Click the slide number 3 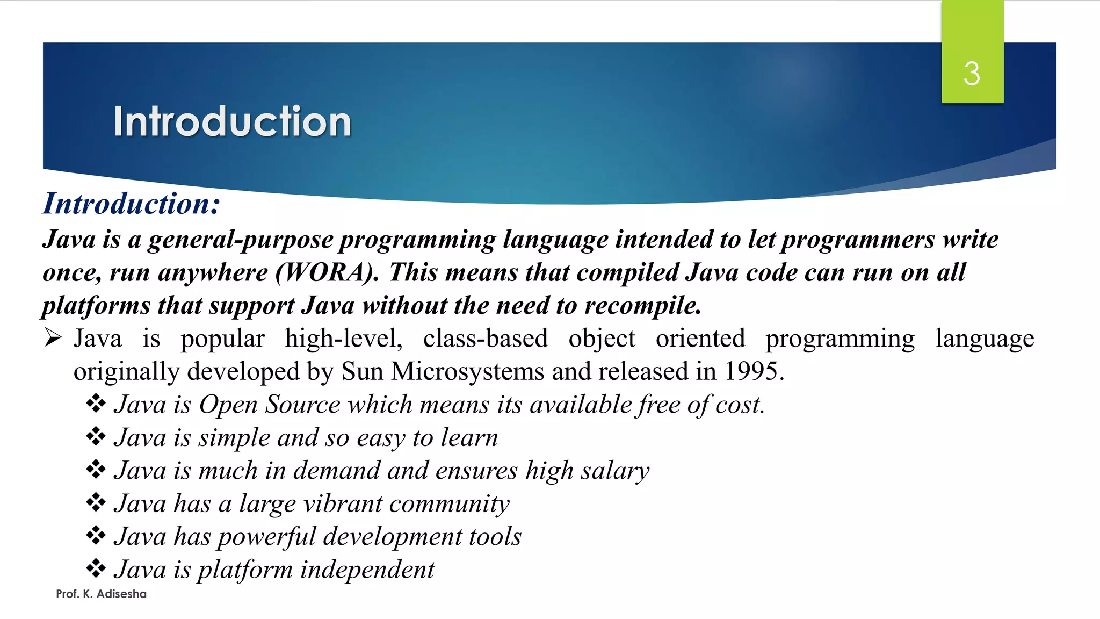click(972, 74)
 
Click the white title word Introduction click(232, 121)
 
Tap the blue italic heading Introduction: click(131, 204)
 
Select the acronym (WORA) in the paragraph click(327, 272)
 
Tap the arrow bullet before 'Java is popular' click(53, 338)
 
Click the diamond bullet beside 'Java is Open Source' click(96, 404)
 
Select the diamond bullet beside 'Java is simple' click(96, 436)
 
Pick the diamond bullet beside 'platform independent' click(96, 568)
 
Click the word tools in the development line click(495, 537)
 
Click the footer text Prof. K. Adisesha click(101, 594)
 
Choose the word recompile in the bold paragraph click(642, 306)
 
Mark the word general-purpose click(241, 240)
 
